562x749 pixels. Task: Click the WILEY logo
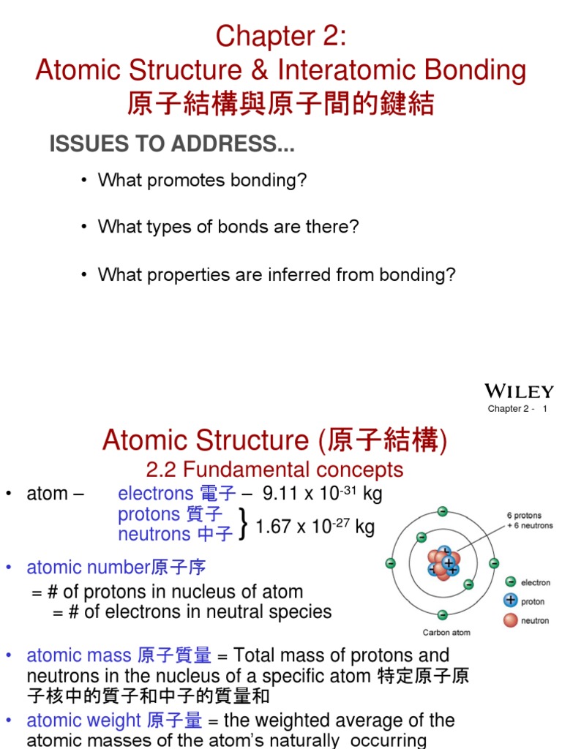pos(519,391)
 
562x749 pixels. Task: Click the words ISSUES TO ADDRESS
pos(172,145)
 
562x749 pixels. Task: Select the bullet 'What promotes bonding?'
pos(202,181)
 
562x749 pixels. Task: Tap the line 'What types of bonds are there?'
pos(228,227)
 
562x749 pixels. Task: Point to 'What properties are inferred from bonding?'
pos(277,274)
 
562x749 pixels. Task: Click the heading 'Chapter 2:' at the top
pos(281,36)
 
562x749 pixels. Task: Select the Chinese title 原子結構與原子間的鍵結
pos(281,104)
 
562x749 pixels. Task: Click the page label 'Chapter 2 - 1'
pos(517,409)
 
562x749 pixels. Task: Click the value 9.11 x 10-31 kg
pos(322,494)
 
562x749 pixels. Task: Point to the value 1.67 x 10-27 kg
pos(315,527)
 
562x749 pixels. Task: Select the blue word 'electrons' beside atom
pos(155,494)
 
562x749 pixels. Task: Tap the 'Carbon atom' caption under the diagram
pos(446,633)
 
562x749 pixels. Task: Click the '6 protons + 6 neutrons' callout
pos(530,520)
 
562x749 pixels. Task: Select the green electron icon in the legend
pos(510,582)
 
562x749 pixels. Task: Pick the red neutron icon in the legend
pos(510,620)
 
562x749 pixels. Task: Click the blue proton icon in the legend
pos(510,601)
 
